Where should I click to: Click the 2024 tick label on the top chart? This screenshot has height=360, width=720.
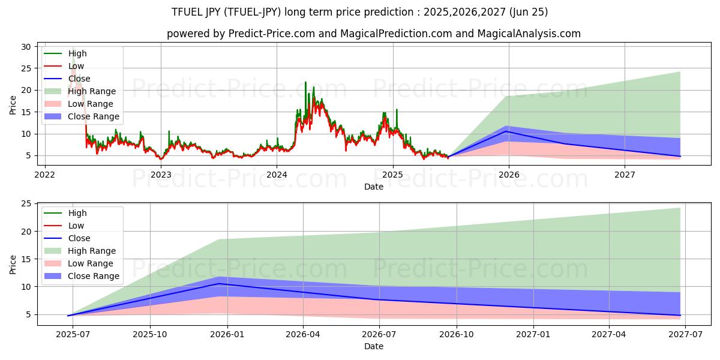click(277, 175)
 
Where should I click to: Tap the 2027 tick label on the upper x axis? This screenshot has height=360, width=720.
click(625, 175)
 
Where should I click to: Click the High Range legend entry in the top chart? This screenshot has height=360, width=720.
click(91, 91)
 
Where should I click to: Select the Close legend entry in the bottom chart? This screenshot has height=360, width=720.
click(79, 238)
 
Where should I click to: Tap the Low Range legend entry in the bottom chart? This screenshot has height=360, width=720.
click(90, 263)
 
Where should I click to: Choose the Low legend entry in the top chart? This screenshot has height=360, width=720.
click(76, 66)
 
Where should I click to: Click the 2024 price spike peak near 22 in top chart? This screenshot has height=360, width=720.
click(305, 82)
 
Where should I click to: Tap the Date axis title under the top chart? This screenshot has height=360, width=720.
click(373, 187)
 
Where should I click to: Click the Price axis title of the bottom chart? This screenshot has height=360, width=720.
click(13, 264)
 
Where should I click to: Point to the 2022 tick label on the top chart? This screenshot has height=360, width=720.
click(44, 175)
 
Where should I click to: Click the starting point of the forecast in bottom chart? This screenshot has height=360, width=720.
click(68, 315)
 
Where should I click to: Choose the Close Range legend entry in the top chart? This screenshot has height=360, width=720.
click(93, 116)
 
